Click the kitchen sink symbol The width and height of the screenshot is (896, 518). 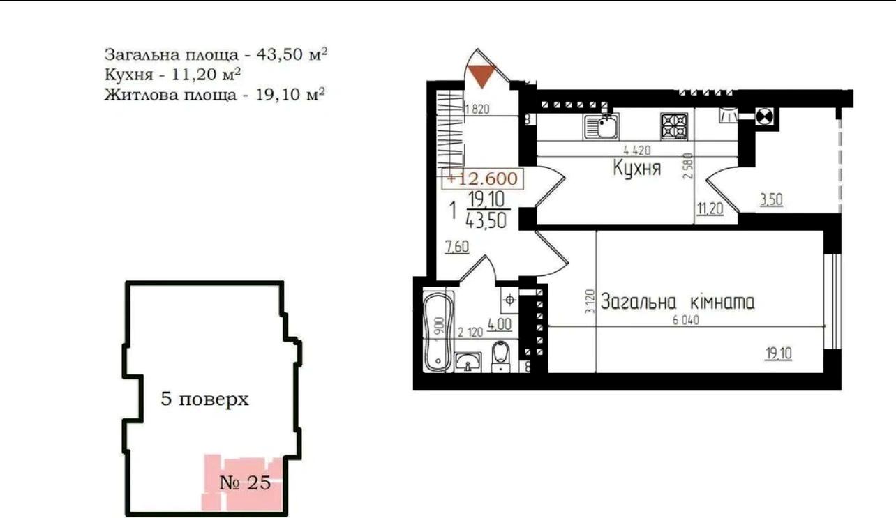602,126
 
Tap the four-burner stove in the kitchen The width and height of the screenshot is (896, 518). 674,126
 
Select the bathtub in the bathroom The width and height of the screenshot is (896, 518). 438,332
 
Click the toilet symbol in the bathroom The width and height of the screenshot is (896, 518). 500,356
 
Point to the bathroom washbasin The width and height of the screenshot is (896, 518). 468,362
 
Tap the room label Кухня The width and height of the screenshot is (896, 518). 637,168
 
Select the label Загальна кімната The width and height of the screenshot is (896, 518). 678,302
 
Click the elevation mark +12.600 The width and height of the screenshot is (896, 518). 482,178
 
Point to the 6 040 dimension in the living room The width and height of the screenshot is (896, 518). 685,320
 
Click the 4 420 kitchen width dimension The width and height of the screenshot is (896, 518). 637,151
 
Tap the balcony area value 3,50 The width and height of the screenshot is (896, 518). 771,199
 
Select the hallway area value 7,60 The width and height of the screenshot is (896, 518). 457,247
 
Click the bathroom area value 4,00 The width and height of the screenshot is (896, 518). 500,323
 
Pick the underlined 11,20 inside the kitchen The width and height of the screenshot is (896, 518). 710,208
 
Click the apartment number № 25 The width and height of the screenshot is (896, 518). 245,483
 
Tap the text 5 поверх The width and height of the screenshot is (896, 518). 204,399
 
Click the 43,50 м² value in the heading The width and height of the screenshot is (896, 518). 292,54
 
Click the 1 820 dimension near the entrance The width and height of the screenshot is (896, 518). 477,109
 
